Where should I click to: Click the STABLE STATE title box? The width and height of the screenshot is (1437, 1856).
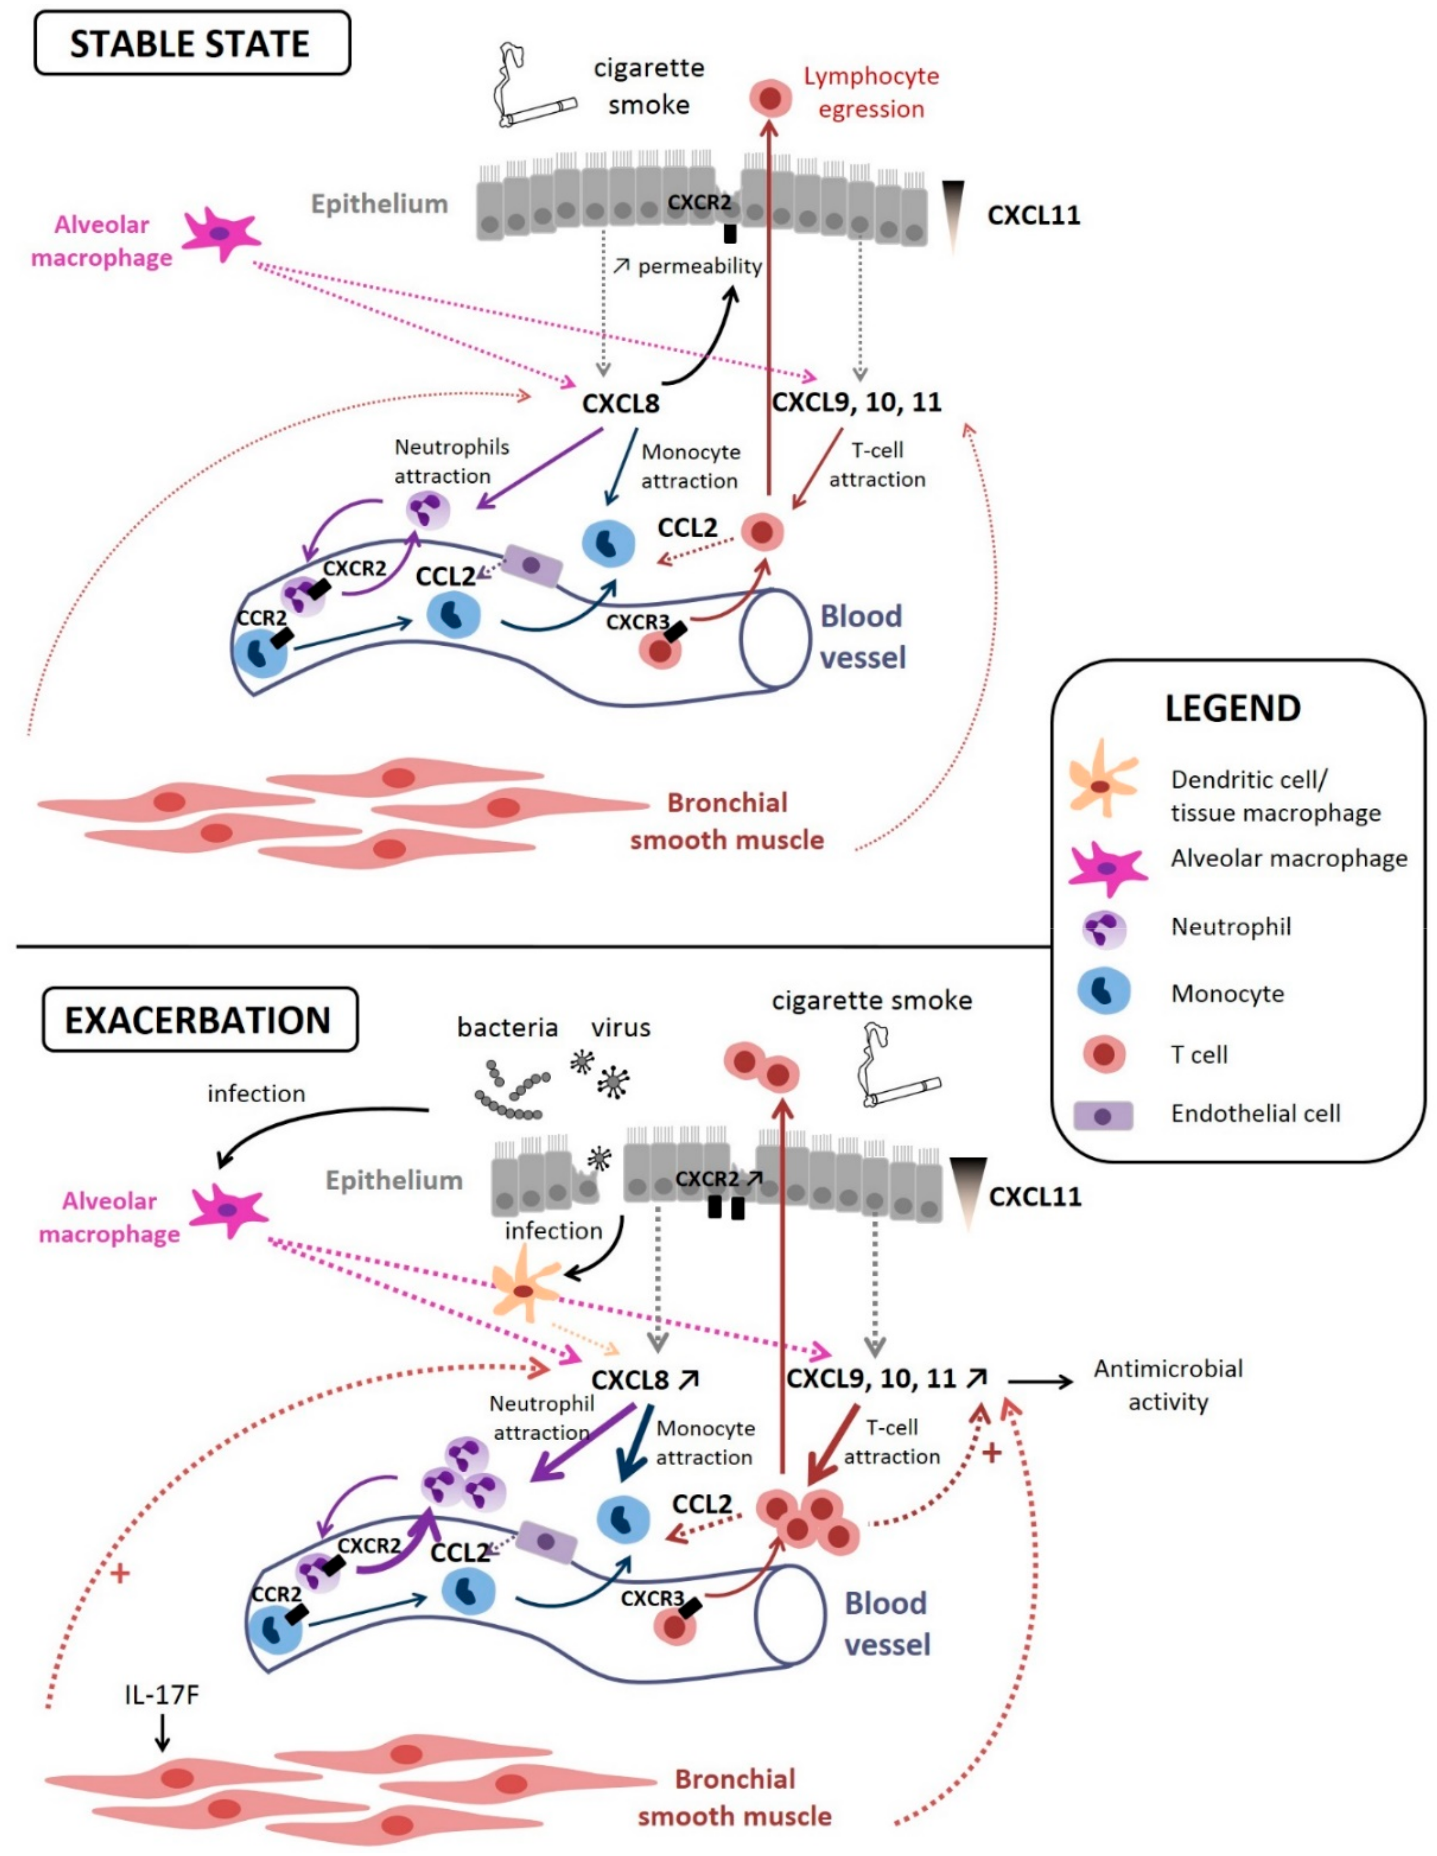point(192,43)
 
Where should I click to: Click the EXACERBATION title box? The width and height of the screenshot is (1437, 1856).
point(200,1019)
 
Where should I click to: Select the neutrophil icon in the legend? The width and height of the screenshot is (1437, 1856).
point(1104,927)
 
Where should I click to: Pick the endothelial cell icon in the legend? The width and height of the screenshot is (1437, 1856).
point(1103,1116)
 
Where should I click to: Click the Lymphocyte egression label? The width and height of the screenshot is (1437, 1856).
point(871,92)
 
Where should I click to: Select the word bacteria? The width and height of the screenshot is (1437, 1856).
point(507,1027)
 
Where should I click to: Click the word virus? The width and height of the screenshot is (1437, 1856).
point(621,1027)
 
